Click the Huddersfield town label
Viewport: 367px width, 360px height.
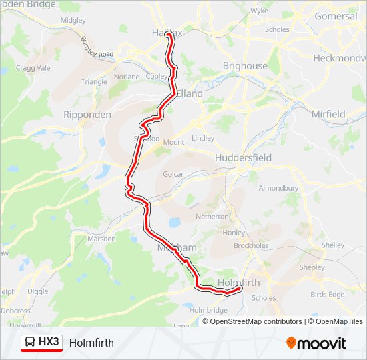(x=243, y=158)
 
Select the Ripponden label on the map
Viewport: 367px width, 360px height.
(x=87, y=115)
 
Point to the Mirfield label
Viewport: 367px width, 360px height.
(x=328, y=114)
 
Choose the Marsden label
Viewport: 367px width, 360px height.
(x=102, y=239)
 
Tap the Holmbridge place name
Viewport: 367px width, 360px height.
(x=209, y=310)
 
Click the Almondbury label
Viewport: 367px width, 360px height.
(x=278, y=188)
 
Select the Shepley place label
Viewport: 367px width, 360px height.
(x=312, y=267)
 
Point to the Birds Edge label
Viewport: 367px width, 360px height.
(x=328, y=294)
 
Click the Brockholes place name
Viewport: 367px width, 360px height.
(x=251, y=245)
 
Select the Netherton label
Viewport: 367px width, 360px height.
(x=212, y=217)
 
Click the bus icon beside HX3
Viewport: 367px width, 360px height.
(x=30, y=343)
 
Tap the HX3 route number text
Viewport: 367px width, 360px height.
(x=49, y=343)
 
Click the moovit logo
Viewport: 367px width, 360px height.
(x=316, y=343)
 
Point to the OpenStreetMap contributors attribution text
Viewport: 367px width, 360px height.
(x=252, y=321)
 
